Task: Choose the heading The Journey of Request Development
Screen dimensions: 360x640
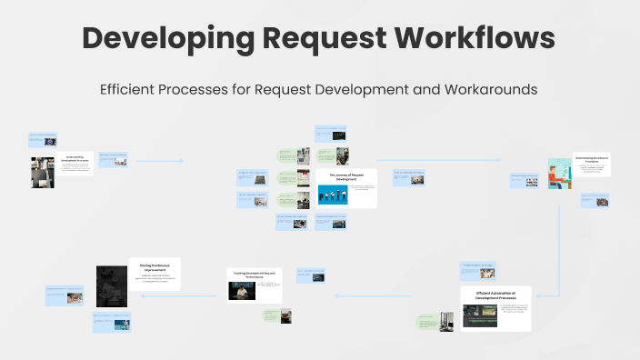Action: coord(345,177)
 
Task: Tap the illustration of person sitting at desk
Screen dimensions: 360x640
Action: coord(559,175)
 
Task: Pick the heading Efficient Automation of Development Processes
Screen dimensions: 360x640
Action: coord(495,295)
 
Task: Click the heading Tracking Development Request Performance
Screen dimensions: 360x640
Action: coord(254,274)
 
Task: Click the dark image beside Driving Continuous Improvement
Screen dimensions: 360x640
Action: coord(117,285)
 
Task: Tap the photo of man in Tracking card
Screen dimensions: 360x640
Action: coord(241,290)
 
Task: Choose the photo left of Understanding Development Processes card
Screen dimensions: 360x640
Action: coord(43,171)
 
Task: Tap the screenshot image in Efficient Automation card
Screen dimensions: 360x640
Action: coord(480,315)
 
